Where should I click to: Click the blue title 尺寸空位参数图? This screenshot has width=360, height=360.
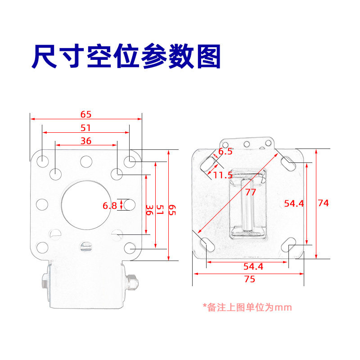[126, 56]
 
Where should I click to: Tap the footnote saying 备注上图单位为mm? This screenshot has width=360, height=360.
[247, 307]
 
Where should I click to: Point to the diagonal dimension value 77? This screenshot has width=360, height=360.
[251, 192]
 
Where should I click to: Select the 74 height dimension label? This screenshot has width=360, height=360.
[323, 203]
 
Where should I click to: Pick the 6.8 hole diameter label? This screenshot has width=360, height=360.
[110, 206]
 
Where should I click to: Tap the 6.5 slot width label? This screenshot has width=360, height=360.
[225, 152]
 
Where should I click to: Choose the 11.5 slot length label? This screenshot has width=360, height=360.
[223, 175]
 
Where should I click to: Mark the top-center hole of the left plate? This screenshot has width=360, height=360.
[85, 160]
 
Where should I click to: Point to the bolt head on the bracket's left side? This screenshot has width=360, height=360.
[45, 282]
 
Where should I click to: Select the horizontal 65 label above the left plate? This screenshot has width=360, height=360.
[85, 114]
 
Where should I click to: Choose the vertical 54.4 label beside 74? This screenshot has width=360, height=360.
[294, 203]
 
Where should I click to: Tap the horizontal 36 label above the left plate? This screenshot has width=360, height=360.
[85, 141]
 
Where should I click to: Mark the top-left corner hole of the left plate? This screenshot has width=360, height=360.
[42, 160]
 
